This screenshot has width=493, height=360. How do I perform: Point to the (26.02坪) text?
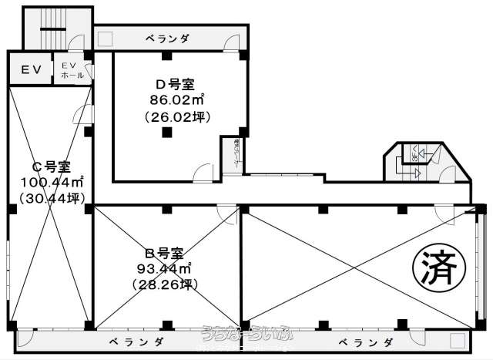tap(173, 116)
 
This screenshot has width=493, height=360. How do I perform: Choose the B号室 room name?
tap(164, 253)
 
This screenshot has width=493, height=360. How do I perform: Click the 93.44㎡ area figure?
tap(164, 269)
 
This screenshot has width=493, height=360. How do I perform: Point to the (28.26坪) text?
tap(164, 284)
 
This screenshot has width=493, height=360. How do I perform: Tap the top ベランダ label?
tap(169, 38)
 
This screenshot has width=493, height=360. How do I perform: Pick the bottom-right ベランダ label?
tap(367, 341)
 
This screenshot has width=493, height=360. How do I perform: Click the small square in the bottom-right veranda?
tap(460, 339)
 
